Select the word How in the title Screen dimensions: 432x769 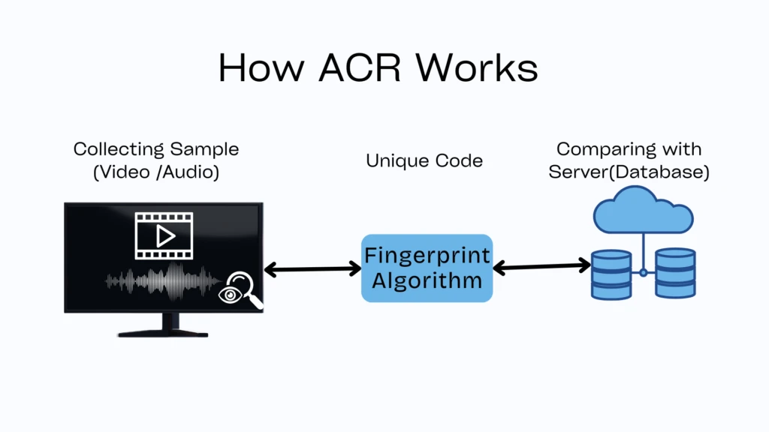click(262, 68)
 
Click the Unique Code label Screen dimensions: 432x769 click(424, 160)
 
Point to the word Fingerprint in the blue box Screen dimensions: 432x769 click(427, 255)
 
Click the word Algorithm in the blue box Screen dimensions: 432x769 click(427, 281)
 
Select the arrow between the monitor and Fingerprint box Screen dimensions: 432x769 click(312, 268)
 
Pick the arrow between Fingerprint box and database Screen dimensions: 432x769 click(541, 265)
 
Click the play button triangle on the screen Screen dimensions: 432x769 click(164, 236)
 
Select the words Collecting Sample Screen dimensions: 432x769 click(155, 149)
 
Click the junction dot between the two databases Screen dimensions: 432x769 click(643, 272)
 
